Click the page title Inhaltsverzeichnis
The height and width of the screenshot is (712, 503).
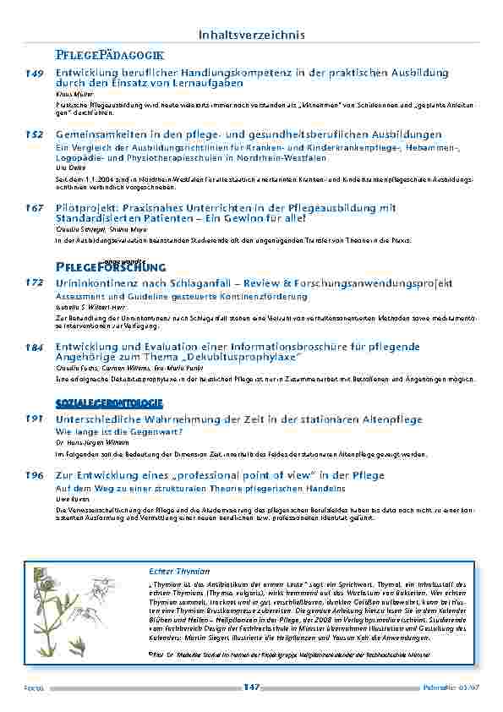click(x=251, y=35)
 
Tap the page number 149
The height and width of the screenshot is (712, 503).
click(x=35, y=74)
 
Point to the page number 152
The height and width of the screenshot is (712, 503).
click(x=35, y=134)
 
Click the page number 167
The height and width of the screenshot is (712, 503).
click(x=35, y=208)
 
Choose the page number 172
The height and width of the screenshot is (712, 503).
click(x=35, y=283)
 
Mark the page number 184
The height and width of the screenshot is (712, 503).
click(x=35, y=347)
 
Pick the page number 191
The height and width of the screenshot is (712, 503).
click(x=35, y=419)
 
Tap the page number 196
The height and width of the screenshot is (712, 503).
click(x=35, y=476)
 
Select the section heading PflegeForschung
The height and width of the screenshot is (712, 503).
click(x=106, y=267)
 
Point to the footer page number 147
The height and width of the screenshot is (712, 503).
click(x=251, y=687)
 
